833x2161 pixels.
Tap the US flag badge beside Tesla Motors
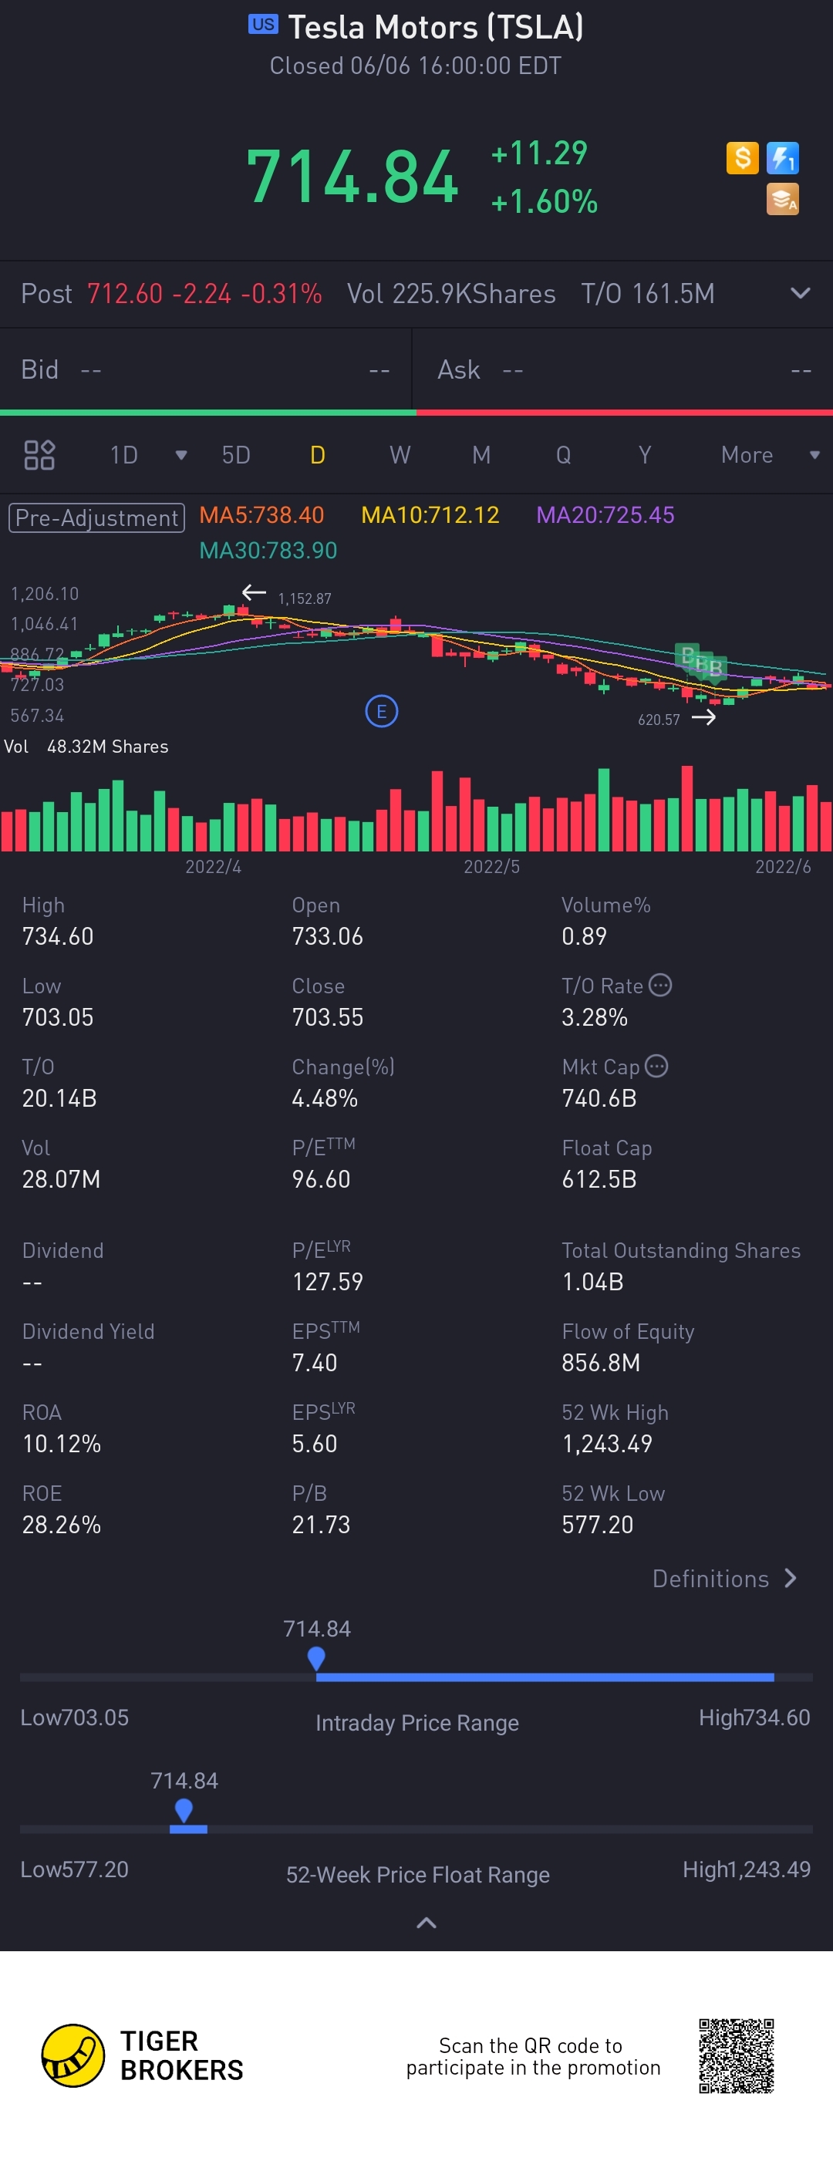tap(262, 25)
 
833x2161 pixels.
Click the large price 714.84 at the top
tap(352, 177)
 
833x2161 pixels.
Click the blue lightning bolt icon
tap(783, 157)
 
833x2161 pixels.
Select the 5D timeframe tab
tap(236, 456)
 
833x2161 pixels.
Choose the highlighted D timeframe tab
tap(317, 456)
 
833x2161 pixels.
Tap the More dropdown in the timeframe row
tap(767, 456)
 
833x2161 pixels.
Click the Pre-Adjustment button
tap(96, 517)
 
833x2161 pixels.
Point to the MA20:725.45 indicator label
tap(605, 515)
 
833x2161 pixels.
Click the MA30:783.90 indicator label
tap(268, 551)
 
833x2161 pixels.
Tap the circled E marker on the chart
tap(382, 712)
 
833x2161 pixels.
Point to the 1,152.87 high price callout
tap(305, 599)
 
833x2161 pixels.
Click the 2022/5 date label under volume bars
tap(491, 867)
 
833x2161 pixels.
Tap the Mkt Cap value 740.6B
tap(599, 1098)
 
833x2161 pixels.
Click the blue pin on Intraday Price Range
tap(316, 1657)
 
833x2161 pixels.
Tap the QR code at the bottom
tap(736, 2056)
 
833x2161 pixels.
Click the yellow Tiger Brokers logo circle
tap(73, 2056)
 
